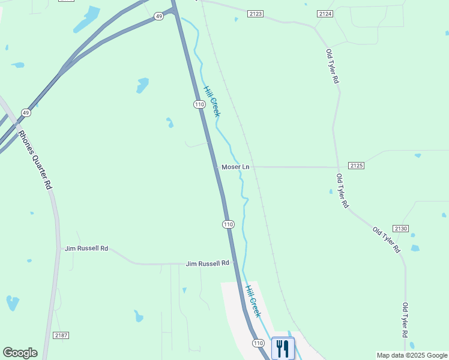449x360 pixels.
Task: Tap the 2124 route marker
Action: click(325, 13)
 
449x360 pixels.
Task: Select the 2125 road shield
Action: click(356, 165)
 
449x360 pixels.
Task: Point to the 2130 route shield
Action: click(401, 229)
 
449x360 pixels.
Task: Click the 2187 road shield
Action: click(60, 335)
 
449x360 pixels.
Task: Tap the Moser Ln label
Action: click(235, 167)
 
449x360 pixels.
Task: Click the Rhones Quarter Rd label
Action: click(35, 160)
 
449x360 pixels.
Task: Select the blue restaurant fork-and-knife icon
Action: click(283, 348)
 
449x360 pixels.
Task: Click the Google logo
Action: click(20, 353)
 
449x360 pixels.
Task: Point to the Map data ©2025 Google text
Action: click(412, 355)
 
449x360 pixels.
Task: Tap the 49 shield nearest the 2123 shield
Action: click(158, 16)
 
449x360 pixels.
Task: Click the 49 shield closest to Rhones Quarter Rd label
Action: click(25, 112)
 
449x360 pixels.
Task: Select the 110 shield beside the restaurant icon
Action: click(258, 343)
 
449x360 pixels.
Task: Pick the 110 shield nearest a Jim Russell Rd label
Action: click(228, 224)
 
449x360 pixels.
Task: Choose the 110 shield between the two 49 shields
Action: click(199, 104)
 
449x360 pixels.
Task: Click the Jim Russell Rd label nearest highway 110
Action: click(208, 263)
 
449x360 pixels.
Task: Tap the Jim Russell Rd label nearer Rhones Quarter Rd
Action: click(86, 248)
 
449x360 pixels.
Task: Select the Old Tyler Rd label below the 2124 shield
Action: click(331, 67)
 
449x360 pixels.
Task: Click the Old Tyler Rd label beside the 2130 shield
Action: click(386, 239)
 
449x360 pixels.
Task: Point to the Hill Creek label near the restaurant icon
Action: click(253, 300)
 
